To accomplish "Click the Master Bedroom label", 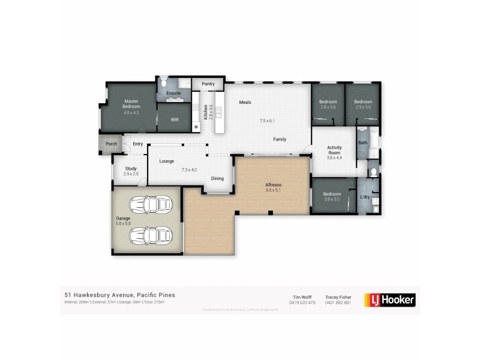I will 131,104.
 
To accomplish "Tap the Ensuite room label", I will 173,93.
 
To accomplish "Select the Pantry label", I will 208,84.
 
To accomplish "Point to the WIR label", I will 175,120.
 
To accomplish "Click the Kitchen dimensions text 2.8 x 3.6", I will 211,113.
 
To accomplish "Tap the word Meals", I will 245,102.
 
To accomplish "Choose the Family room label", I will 280,139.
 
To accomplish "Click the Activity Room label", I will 334,150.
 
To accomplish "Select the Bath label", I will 362,143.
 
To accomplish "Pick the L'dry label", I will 364,197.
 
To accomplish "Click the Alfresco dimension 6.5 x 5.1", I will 274,190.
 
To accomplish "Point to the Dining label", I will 217,178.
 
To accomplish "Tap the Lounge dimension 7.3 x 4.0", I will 190,170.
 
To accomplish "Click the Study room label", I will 131,169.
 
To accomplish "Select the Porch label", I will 111,144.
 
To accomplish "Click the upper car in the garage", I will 147,205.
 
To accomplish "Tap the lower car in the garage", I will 147,235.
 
